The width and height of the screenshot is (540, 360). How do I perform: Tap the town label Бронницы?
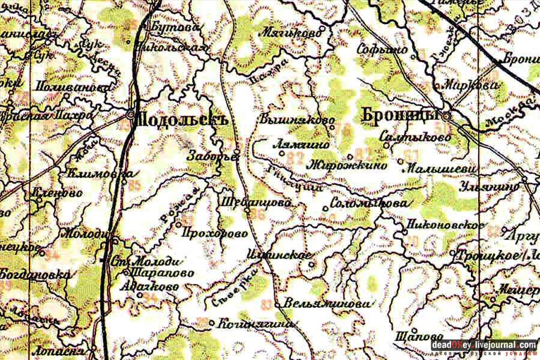pyautogui.click(x=401, y=114)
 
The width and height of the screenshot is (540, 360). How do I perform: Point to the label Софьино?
pyautogui.click(x=382, y=50)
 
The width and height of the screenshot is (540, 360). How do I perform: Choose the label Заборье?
pyautogui.click(x=213, y=155)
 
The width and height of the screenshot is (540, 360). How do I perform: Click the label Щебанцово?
pyautogui.click(x=256, y=203)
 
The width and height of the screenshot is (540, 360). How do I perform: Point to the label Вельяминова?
pyautogui.click(x=325, y=304)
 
